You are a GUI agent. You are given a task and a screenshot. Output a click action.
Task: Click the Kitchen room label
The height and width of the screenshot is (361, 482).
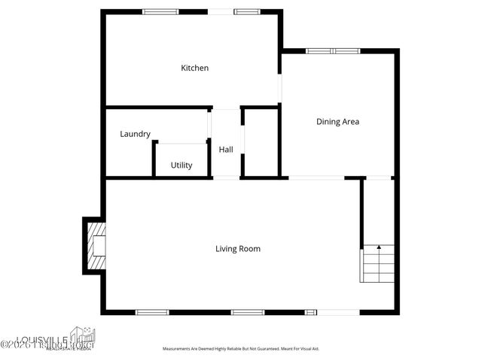pos(194,68)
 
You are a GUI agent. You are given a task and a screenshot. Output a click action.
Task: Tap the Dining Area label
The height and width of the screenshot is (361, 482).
pos(337,121)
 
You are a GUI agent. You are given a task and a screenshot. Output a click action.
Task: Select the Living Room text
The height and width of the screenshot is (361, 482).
pos(238,249)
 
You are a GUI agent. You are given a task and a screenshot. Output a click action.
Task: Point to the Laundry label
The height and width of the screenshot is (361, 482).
pos(136,135)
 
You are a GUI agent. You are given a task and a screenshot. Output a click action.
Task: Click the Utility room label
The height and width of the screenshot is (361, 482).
pos(181,165)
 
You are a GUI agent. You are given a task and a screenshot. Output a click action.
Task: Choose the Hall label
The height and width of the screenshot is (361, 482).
pos(226,150)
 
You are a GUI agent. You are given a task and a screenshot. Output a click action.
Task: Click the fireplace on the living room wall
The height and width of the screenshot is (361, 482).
pos(94,246)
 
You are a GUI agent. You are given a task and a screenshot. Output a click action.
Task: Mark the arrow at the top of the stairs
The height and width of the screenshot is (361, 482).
pos(379,247)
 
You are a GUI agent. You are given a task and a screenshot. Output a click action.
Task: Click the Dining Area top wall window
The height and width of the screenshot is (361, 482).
pos(332,51)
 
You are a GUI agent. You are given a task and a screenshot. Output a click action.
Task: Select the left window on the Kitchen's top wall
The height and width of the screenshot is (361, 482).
pos(160,11)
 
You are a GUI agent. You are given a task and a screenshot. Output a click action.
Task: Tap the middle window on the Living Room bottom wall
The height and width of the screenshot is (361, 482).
pos(248,312)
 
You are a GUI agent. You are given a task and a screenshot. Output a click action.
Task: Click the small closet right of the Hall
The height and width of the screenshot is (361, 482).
pos(261,143)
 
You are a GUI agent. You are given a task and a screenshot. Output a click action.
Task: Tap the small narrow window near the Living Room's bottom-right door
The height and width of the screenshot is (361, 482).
pos(311,312)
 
